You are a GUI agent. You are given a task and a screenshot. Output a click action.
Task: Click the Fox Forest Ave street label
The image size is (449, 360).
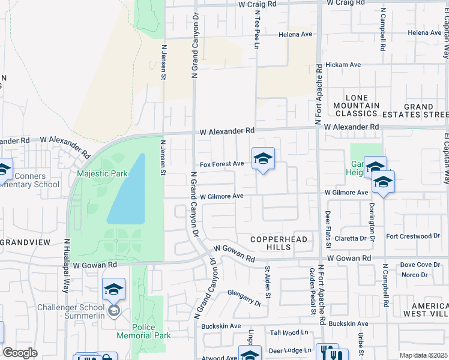[221, 164]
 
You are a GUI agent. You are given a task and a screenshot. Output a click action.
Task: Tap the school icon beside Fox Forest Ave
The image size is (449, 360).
[263, 159]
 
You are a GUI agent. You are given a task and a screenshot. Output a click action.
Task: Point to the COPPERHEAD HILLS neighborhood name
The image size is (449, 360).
[279, 244]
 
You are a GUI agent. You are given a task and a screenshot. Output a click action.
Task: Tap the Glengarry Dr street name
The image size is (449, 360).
[244, 298]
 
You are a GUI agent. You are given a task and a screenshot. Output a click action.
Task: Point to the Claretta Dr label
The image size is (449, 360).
[350, 238]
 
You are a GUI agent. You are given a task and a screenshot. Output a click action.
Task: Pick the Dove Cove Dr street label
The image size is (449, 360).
[420, 265]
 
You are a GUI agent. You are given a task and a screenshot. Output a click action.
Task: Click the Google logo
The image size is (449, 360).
[20, 353]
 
